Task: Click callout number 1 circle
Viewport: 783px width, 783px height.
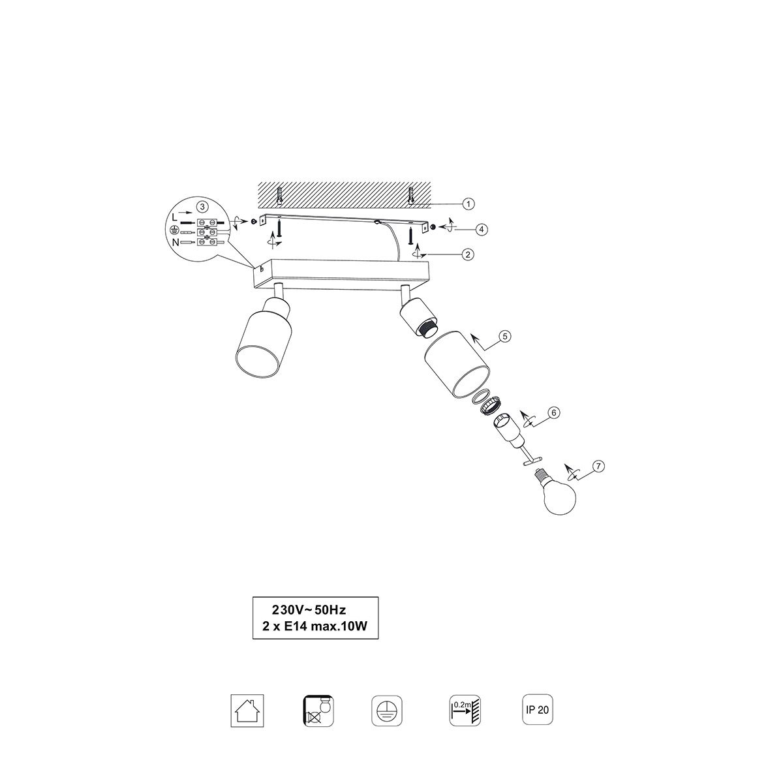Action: click(x=468, y=204)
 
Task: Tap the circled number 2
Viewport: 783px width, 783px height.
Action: click(x=468, y=254)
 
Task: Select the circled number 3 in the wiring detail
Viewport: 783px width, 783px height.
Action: click(x=202, y=206)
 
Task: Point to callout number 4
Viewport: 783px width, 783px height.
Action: click(x=482, y=230)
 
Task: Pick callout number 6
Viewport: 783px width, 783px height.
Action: click(x=554, y=413)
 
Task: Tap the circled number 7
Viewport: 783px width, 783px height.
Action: click(x=598, y=466)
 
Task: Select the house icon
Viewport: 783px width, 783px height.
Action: click(x=247, y=711)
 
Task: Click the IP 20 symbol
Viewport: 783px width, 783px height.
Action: click(x=537, y=709)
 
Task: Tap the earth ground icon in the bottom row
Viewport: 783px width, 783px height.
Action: click(x=387, y=711)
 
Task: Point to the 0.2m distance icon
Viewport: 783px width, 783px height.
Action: click(x=465, y=711)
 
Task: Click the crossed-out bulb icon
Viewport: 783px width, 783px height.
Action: click(x=318, y=711)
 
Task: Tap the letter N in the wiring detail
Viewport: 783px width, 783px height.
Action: click(x=176, y=243)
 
